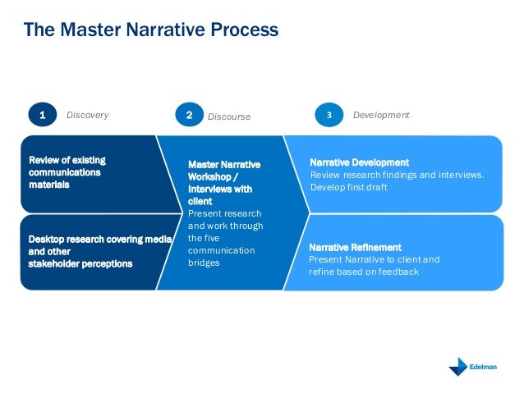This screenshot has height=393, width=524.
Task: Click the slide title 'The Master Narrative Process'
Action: click(x=150, y=30)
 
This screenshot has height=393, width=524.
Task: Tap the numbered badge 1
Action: click(x=41, y=116)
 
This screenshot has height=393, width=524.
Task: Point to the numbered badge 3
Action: click(x=329, y=116)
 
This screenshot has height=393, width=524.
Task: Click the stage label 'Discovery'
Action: click(x=87, y=116)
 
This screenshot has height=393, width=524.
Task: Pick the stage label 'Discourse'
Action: click(x=228, y=117)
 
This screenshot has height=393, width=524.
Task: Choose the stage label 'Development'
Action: click(x=380, y=116)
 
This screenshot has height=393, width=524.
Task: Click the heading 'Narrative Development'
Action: click(x=359, y=162)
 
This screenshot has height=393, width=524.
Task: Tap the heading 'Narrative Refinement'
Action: click(x=355, y=247)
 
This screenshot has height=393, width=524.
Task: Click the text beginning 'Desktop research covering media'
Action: click(x=99, y=239)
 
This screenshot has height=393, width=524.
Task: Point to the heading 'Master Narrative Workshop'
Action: click(x=223, y=171)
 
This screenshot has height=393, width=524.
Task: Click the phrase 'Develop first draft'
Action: click(x=348, y=186)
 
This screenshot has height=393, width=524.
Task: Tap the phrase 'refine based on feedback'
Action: click(x=363, y=272)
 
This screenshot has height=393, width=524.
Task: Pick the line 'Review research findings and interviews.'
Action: click(x=397, y=175)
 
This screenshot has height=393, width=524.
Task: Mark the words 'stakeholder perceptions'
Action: click(x=80, y=264)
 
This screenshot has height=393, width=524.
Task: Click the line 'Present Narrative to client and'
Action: click(x=374, y=259)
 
